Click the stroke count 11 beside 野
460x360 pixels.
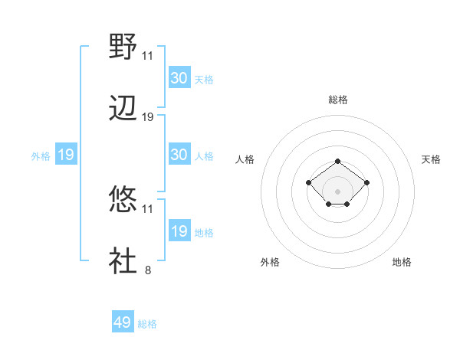pos(148,56)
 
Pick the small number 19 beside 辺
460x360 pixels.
pos(148,117)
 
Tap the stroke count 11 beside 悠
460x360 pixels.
pos(148,208)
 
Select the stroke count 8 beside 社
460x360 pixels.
pos(148,270)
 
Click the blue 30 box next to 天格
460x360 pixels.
pos(179,78)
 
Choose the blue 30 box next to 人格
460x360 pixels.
pos(179,155)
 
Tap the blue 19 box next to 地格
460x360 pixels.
pos(179,231)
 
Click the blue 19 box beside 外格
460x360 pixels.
pos(65,155)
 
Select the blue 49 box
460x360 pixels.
pos(123,322)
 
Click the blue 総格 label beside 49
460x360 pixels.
pos(148,324)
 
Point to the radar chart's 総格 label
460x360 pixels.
pos(338,100)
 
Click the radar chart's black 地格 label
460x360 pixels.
pos(402,262)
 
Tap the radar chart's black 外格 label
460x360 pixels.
pos(270,262)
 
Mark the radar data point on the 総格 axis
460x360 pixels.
pos(338,161)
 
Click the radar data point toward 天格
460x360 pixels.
pos(367,182)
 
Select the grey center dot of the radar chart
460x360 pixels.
pos(338,191)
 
